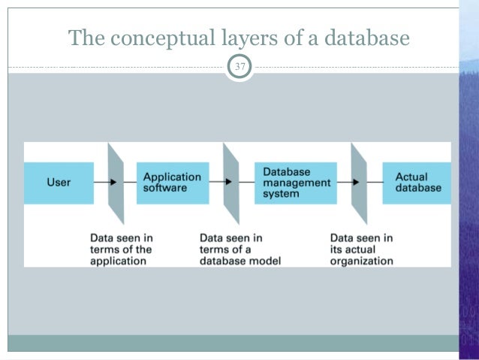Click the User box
(x=59, y=183)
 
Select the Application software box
(x=172, y=183)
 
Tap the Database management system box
(x=296, y=183)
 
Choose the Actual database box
(x=417, y=183)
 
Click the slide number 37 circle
(x=239, y=69)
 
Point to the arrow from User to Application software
(x=103, y=183)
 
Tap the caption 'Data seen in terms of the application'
(x=121, y=250)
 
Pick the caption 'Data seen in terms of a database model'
(x=239, y=250)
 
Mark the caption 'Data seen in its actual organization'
(x=361, y=250)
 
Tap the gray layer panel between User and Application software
(x=116, y=183)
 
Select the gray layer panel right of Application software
(x=230, y=183)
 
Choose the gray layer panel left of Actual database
(x=360, y=183)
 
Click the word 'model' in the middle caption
(x=264, y=262)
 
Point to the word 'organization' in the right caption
(x=361, y=262)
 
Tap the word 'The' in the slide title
(x=83, y=38)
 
